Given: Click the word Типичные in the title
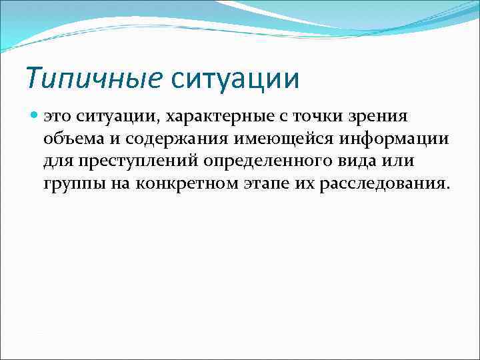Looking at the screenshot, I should (x=94, y=79).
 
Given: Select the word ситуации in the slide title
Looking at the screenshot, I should (x=235, y=79).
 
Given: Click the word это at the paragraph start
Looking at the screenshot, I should (x=57, y=117).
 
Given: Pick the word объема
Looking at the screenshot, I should (x=69, y=139).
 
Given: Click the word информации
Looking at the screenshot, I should (x=395, y=139).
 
